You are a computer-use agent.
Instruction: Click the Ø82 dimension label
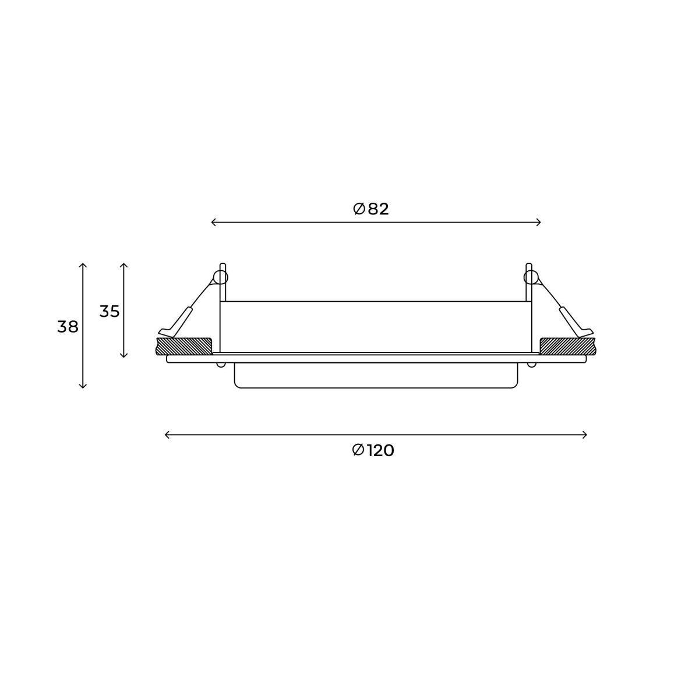point(371,209)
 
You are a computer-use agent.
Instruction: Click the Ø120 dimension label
point(373,450)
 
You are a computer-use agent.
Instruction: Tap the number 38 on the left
point(68,327)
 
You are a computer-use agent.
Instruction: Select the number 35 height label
point(109,312)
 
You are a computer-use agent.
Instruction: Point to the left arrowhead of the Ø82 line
point(213,222)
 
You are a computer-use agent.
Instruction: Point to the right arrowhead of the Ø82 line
point(539,222)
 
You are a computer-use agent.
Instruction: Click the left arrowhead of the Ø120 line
point(167,435)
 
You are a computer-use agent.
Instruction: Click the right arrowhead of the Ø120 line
point(585,435)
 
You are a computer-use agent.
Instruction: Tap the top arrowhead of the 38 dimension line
point(83,265)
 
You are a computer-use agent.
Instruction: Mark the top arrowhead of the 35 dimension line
point(123,265)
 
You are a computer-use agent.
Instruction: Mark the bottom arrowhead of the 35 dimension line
point(123,355)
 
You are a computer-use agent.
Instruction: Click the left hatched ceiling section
point(184,345)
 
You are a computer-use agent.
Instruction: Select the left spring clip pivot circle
point(221,277)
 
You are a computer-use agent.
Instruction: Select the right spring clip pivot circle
point(530,277)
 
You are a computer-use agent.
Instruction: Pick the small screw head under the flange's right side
point(531,365)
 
